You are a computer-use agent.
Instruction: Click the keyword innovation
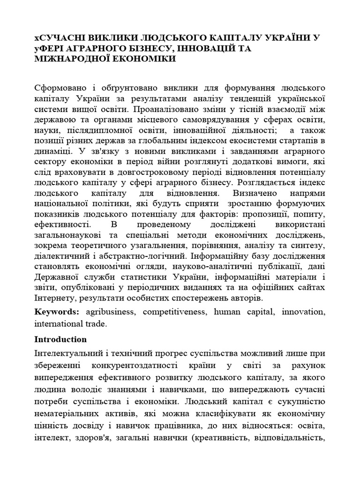coord(302,312)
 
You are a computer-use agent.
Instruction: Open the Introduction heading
coord(60,339)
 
